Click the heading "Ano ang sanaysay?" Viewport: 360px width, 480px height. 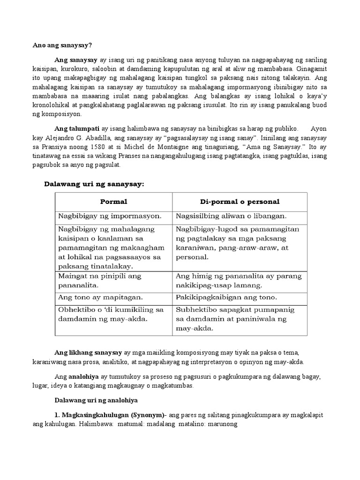[62, 45]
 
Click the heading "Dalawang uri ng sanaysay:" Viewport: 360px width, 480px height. [93, 184]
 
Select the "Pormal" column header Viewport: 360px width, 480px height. [113, 202]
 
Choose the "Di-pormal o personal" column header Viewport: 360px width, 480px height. [240, 202]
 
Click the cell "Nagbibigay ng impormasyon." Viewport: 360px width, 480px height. [110, 216]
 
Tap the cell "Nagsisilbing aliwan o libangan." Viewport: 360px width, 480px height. [231, 216]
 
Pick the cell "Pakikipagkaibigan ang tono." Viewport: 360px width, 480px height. [227, 297]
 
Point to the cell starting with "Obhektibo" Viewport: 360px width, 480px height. [111, 314]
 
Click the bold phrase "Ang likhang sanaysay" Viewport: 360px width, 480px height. [88, 352]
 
